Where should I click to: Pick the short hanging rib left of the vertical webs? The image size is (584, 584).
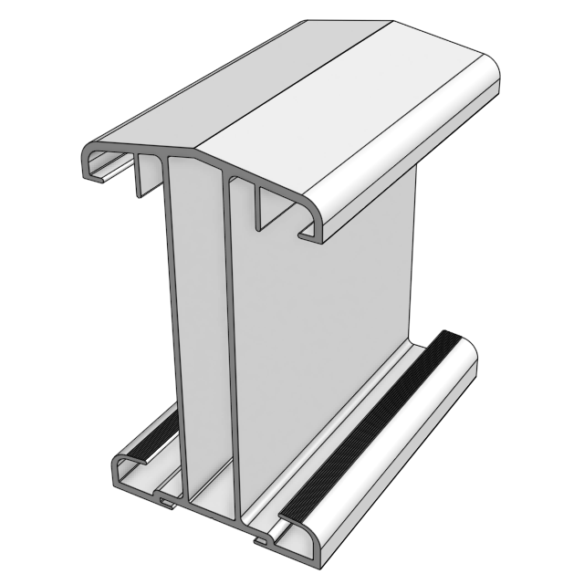point(141,177)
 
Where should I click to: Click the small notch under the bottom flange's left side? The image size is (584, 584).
point(164,499)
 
